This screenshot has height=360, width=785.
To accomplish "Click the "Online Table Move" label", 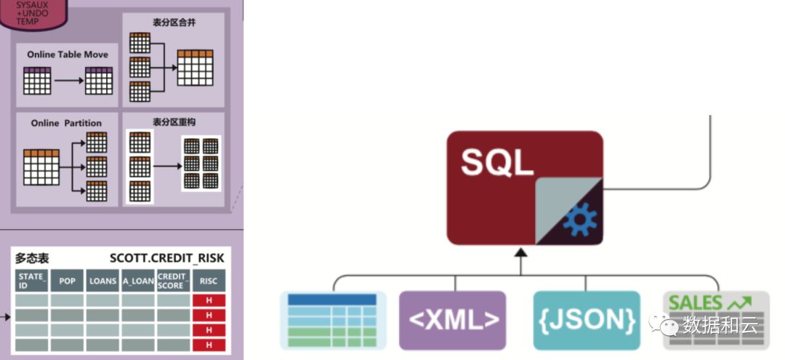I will [68, 55].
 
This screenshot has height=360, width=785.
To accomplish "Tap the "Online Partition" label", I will [66, 123].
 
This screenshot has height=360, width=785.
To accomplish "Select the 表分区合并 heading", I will [174, 23].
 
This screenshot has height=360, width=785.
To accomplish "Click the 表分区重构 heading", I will [174, 121].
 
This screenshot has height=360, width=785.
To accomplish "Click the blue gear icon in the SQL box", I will [579, 220].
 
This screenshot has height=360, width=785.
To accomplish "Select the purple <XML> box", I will [452, 320].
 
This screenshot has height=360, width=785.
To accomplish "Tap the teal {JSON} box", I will [587, 320].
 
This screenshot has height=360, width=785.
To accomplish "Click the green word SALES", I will [695, 303].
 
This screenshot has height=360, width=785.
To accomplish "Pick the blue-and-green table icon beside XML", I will [332, 320].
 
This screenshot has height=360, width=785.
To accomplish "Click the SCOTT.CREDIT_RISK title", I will [167, 258].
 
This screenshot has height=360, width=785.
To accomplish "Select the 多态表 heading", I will [32, 258].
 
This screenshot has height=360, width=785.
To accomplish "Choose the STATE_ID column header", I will [32, 281].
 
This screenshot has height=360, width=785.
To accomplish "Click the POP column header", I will [67, 281].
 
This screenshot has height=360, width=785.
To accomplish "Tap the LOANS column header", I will [102, 281].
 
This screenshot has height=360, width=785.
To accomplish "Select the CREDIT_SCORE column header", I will [173, 281].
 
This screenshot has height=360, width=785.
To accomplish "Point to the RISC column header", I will [209, 281].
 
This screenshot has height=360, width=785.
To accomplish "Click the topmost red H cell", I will [209, 300].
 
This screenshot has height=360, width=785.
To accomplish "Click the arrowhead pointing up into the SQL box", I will [521, 252].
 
